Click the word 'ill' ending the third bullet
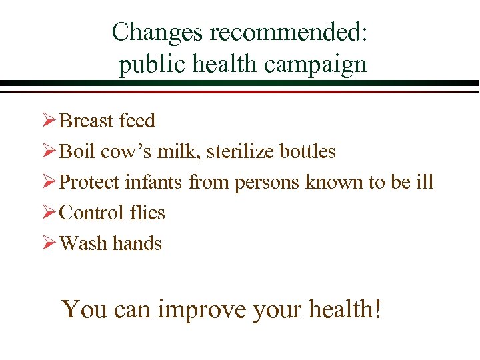click(425, 182)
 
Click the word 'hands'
click(137, 243)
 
